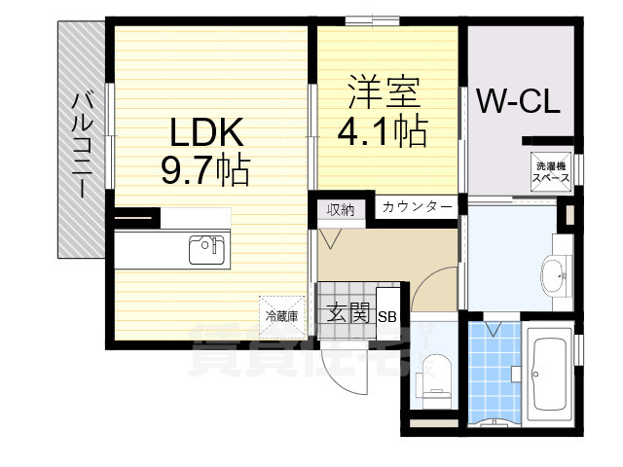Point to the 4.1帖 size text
[x=384, y=131]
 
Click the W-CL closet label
[x=517, y=101]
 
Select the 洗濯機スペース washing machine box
[x=551, y=172]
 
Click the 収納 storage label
[x=340, y=209]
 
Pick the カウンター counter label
[x=416, y=207]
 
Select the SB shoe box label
[x=386, y=315]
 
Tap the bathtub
[x=551, y=373]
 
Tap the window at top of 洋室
[x=371, y=19]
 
